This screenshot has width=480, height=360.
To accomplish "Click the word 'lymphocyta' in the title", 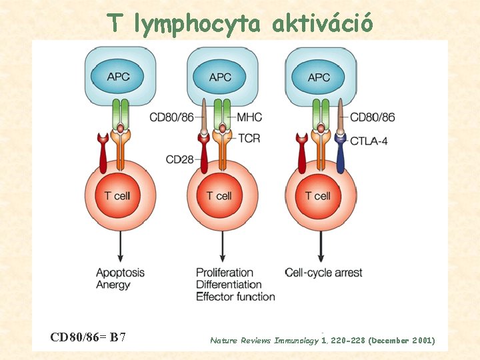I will [x=197, y=24].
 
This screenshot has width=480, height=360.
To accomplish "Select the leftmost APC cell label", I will [x=120, y=77].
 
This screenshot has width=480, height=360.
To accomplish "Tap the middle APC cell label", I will [x=220, y=77].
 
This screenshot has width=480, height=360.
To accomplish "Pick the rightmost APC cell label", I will [x=319, y=77].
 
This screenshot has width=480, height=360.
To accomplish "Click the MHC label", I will [x=249, y=117].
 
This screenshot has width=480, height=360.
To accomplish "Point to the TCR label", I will [x=249, y=138].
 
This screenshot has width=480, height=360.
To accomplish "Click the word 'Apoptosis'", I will [x=120, y=272].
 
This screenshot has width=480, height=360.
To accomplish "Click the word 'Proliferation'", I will [x=225, y=272].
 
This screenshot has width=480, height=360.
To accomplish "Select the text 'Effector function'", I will [x=235, y=297].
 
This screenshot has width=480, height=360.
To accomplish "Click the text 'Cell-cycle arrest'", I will [x=323, y=272].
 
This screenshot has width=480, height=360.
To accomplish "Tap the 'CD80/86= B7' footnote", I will [x=89, y=337].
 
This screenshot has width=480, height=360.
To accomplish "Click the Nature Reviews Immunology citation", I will [x=323, y=340].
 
